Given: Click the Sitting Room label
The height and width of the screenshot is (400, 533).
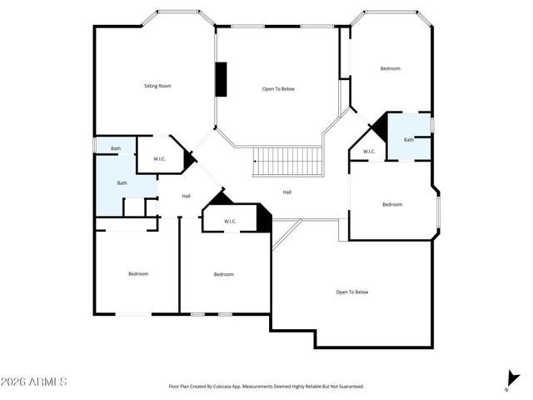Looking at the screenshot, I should (x=157, y=86).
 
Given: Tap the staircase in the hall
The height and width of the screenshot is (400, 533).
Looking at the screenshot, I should (x=287, y=161).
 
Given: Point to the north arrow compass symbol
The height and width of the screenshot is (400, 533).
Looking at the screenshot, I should (x=511, y=379).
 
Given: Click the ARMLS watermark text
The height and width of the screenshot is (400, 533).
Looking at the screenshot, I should (x=34, y=382).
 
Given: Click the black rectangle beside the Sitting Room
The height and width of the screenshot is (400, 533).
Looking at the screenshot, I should (x=222, y=80).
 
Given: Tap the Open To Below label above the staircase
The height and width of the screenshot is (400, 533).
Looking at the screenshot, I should (x=278, y=89).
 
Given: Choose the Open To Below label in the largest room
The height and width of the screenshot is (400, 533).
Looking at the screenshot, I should (x=351, y=292).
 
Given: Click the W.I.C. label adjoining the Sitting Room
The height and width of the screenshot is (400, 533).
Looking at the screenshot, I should (x=161, y=158).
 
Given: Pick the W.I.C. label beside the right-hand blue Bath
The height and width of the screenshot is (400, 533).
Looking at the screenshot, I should (x=369, y=152).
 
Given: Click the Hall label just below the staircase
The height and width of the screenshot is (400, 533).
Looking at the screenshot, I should (x=286, y=192).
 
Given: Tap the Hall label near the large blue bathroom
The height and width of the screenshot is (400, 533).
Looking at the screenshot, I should (x=187, y=196).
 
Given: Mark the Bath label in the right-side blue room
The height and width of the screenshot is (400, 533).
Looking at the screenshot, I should (x=409, y=140).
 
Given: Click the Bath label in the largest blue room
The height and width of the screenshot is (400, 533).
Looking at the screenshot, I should (x=122, y=182).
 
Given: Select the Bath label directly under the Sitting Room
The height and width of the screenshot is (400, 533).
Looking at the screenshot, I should (x=116, y=149).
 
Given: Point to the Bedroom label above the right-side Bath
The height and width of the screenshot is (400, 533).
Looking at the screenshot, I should (x=391, y=68).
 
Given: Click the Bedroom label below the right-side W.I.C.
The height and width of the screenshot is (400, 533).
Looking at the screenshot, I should (x=392, y=204).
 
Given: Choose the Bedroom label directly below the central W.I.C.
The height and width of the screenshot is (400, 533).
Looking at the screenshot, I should (x=223, y=274).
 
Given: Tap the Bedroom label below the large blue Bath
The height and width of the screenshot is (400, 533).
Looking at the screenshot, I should (x=137, y=274).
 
